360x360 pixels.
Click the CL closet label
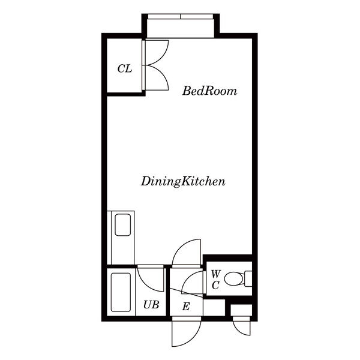click(x=125, y=68)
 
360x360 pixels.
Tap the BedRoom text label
click(x=209, y=91)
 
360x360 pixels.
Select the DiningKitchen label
click(x=183, y=181)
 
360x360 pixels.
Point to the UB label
click(x=151, y=305)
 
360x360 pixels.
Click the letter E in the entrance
click(x=186, y=307)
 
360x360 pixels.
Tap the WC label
click(x=216, y=280)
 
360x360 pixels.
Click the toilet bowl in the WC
click(x=234, y=279)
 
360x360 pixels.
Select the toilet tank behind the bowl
click(x=248, y=278)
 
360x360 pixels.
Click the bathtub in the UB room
click(x=121, y=292)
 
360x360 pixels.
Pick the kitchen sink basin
click(x=123, y=225)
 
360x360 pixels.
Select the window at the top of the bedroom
click(x=181, y=17)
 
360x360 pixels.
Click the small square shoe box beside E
click(x=214, y=307)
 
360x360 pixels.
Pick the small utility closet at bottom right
click(x=241, y=310)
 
